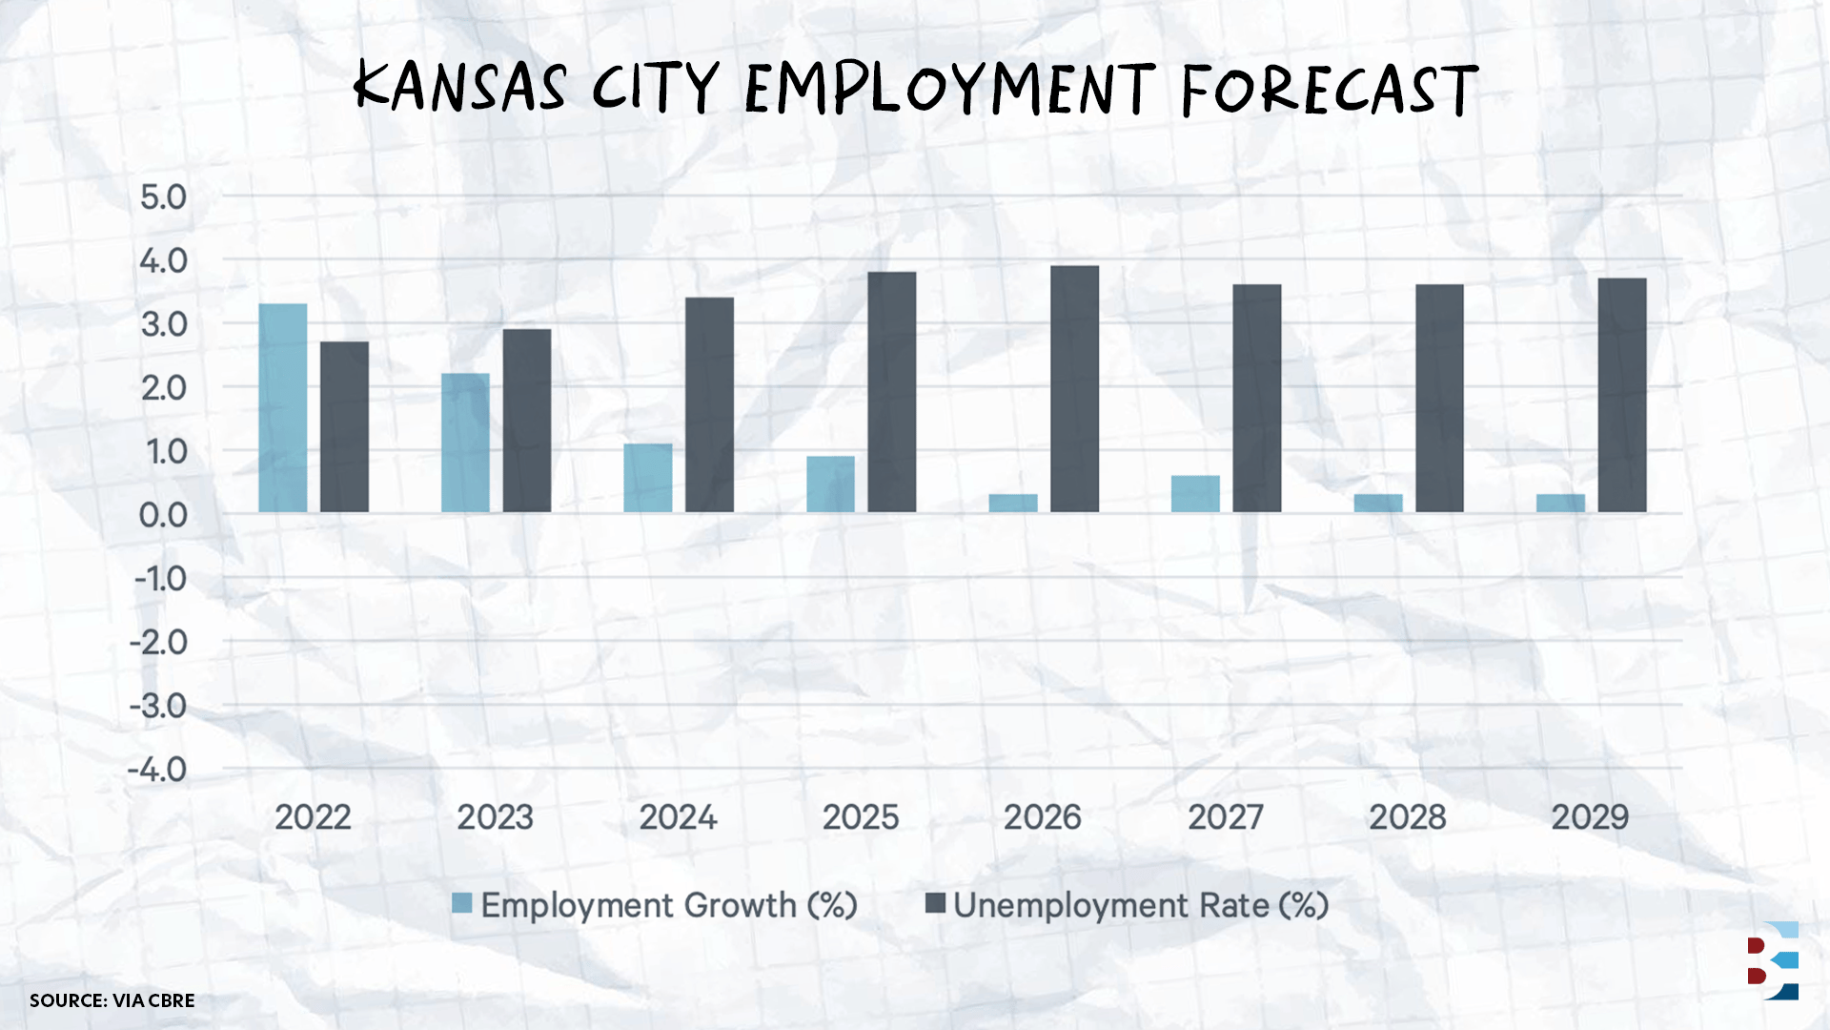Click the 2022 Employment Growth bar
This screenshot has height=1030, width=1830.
(283, 408)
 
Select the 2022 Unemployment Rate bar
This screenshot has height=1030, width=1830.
(344, 427)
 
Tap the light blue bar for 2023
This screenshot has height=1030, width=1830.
(465, 443)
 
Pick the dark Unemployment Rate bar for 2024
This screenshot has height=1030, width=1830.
(709, 405)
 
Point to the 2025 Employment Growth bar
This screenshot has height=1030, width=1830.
(830, 484)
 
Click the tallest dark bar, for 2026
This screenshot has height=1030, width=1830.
(1074, 389)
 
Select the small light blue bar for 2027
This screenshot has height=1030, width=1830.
(1195, 494)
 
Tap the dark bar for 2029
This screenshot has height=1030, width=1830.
(1622, 396)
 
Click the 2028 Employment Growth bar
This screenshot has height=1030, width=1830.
(1378, 504)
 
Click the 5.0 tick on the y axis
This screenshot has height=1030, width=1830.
(163, 197)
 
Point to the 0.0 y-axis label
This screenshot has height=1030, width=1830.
(163, 515)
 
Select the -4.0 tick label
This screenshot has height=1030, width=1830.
(157, 770)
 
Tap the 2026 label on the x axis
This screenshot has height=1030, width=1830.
(1042, 817)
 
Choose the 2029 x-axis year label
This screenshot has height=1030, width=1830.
(1590, 817)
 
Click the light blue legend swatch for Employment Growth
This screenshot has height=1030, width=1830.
(462, 903)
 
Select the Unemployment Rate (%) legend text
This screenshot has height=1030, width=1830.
(1141, 905)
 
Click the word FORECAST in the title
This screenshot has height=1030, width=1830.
(1330, 90)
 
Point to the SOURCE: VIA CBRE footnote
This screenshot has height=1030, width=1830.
(112, 1000)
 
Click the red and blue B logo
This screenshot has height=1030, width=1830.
(1772, 960)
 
